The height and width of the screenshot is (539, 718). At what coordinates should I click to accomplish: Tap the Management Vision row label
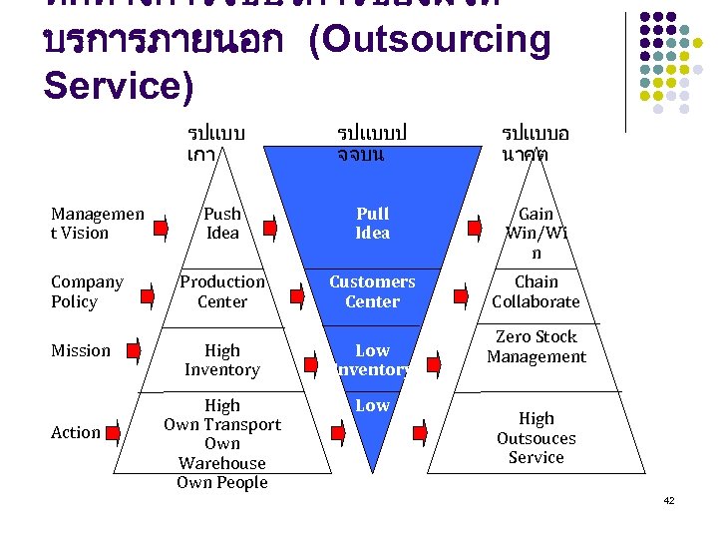97,223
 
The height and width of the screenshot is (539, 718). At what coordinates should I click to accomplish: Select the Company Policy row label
87,291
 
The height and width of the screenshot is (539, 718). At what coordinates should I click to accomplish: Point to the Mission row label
81,350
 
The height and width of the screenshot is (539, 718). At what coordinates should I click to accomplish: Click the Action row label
76,432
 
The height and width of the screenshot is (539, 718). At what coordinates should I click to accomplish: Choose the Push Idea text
222,223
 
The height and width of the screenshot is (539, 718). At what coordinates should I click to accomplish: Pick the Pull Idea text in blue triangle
372,223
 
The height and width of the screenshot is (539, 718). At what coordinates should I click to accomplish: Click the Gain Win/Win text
537,233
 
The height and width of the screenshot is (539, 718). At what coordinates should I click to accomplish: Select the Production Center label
222,291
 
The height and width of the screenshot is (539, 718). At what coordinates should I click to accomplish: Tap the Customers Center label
372,291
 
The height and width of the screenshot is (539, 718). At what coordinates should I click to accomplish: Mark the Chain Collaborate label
537,291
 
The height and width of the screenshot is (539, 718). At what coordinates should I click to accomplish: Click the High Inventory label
222,359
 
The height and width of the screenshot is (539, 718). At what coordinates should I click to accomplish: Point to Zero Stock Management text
537,346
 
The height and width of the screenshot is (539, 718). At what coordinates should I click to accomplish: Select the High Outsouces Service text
537,438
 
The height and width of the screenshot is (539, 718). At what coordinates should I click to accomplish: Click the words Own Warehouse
222,453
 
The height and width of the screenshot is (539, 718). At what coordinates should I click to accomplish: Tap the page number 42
669,500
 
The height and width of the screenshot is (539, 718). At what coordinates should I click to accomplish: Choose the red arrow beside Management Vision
161,233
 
